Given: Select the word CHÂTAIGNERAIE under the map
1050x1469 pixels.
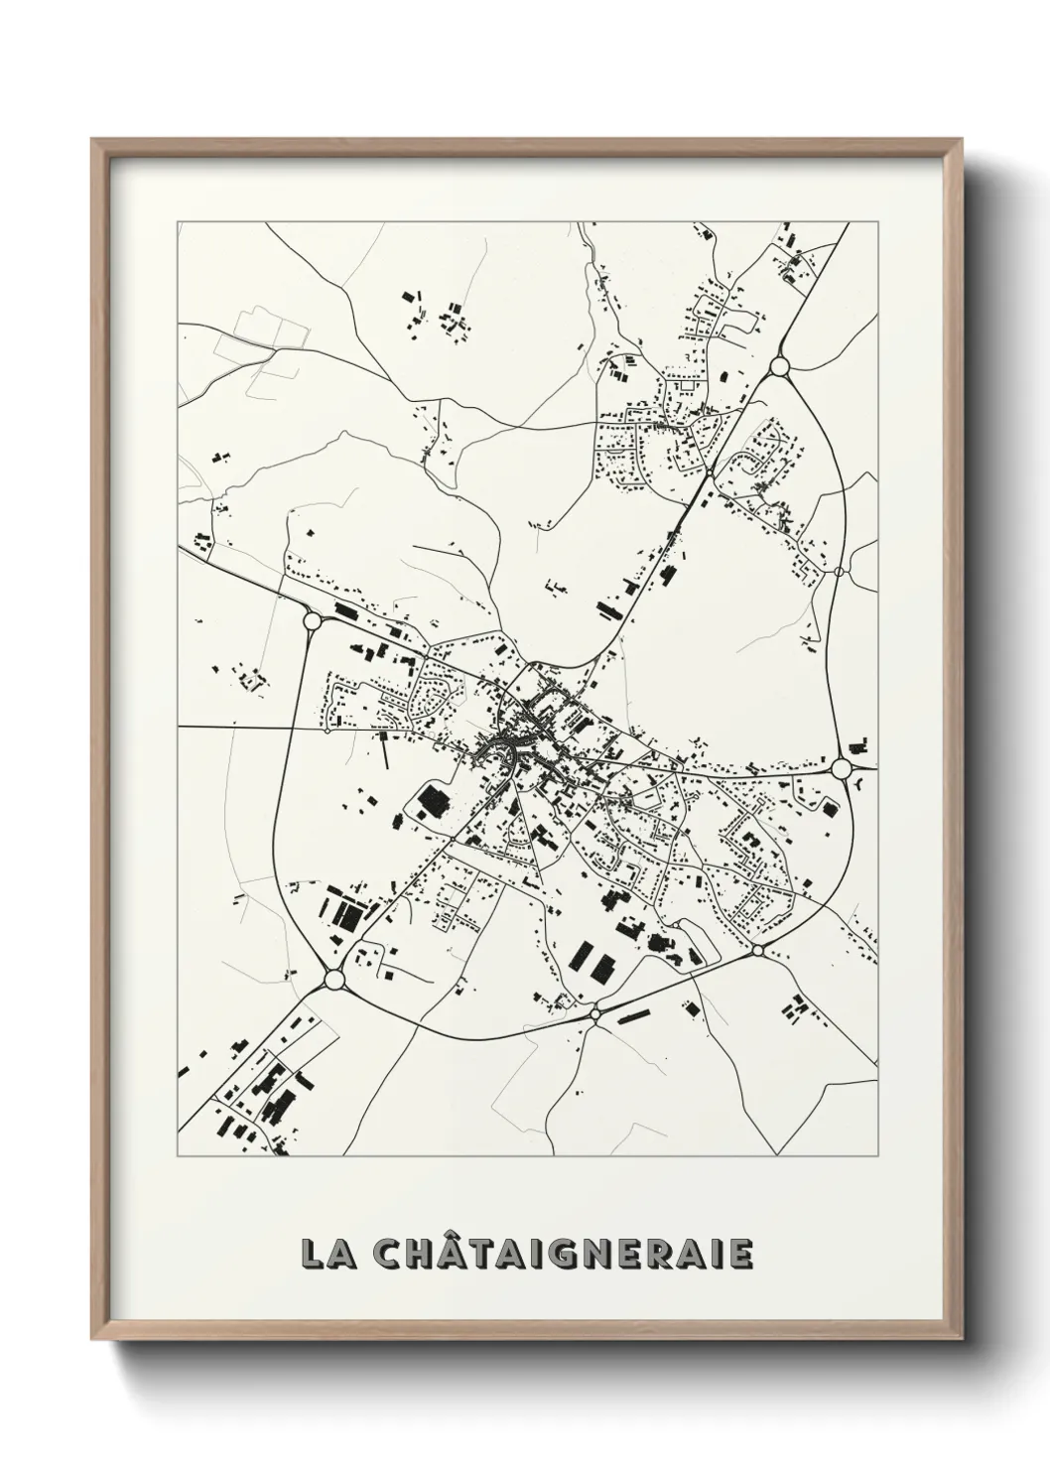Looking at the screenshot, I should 563,1253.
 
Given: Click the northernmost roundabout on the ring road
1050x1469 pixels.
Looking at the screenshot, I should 778,367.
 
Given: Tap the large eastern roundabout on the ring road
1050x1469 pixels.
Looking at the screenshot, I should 842,768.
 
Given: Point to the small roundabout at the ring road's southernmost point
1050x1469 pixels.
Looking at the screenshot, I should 594,1013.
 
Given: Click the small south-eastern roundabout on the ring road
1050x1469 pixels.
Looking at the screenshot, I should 757,951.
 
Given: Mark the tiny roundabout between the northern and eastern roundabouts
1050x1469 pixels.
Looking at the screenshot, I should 839,572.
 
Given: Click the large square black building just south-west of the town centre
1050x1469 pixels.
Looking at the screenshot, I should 432,799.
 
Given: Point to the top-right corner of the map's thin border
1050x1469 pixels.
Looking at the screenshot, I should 878,222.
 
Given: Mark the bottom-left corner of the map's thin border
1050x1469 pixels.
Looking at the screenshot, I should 178,1156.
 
